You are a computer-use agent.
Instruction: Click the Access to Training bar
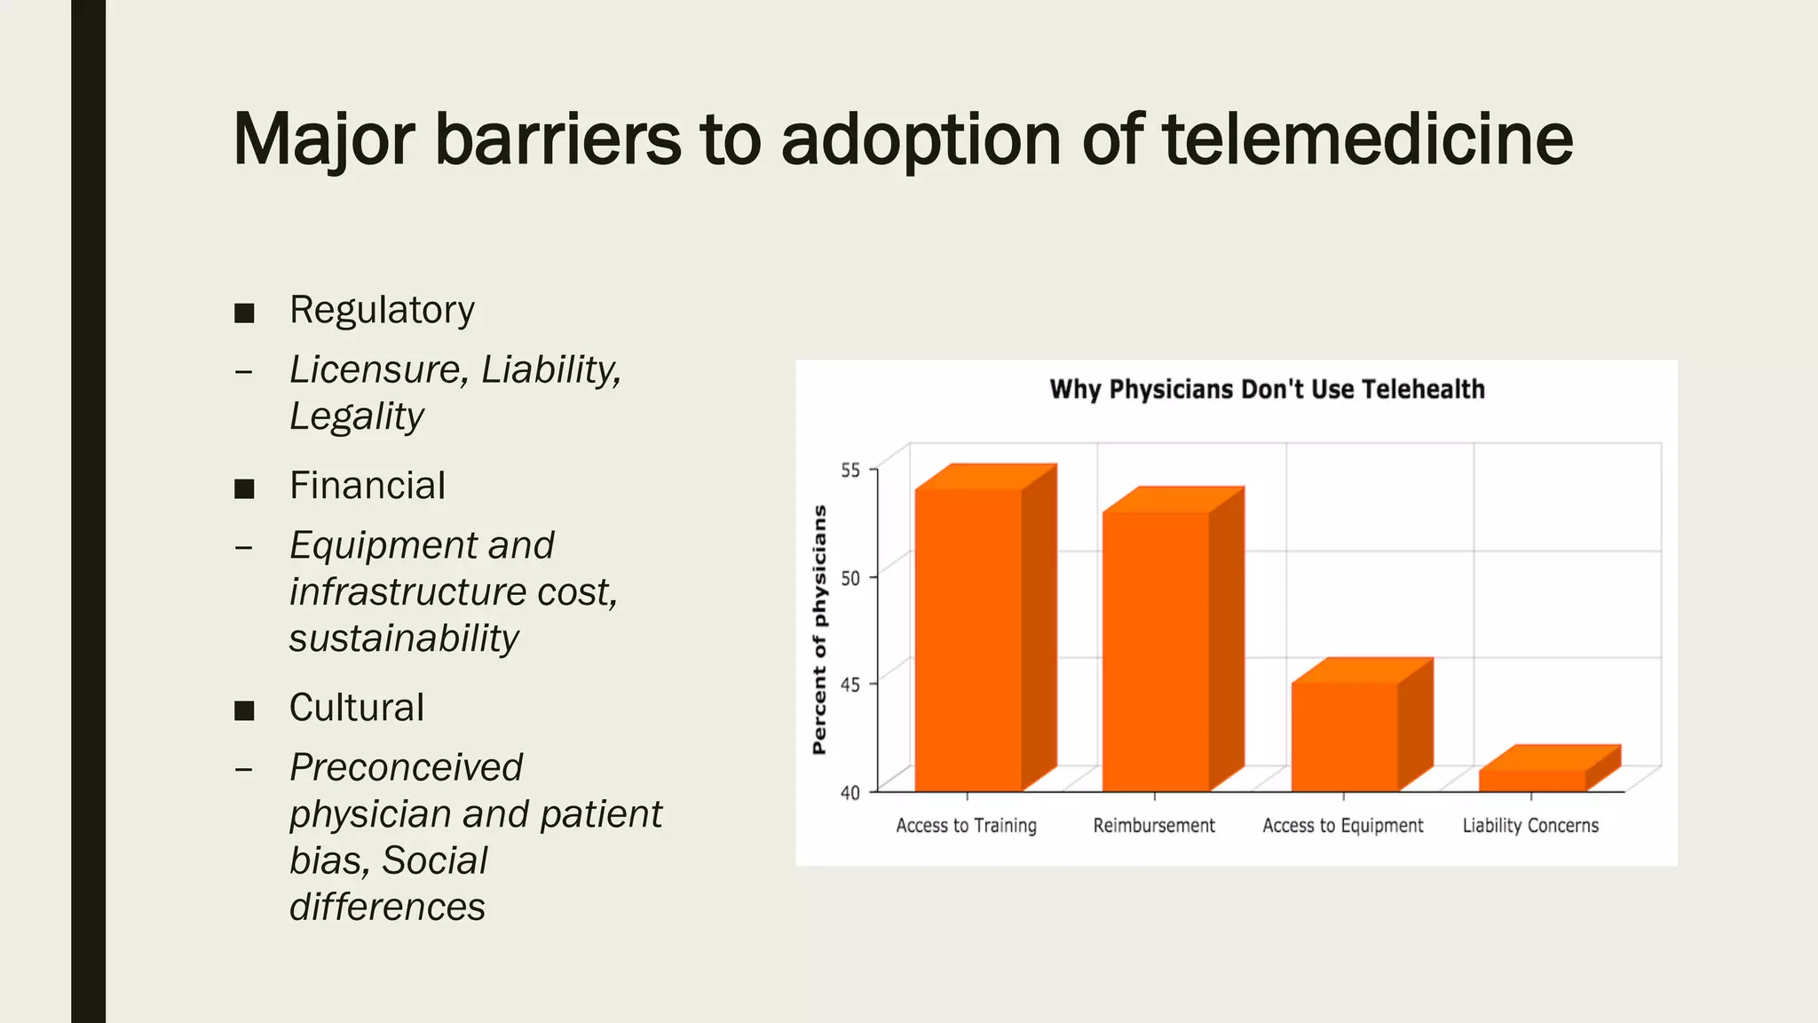coord(968,639)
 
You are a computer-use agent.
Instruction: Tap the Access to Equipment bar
coord(1344,736)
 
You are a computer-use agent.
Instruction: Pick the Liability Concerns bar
coord(1533,779)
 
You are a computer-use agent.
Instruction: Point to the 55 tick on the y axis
coord(850,471)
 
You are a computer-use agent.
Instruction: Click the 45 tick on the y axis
coord(850,685)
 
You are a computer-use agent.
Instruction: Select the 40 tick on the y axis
coord(850,792)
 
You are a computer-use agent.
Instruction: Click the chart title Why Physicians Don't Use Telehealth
coord(1267,390)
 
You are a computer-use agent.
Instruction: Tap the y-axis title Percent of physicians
coord(819,630)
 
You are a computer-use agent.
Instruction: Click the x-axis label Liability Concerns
coord(1530,826)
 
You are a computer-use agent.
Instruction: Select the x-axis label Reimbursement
coord(1154,826)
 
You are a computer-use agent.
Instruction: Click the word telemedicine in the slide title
coord(1367,139)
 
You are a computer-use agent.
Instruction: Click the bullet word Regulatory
coord(382,311)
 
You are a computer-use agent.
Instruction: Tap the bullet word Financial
coord(368,486)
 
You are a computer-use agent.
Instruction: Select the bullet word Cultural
coord(357,708)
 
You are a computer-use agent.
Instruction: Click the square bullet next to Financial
coord(244,488)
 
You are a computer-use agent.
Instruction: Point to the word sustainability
coord(404,638)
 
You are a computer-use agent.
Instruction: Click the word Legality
coord(357,416)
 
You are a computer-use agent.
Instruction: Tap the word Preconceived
coord(407,767)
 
